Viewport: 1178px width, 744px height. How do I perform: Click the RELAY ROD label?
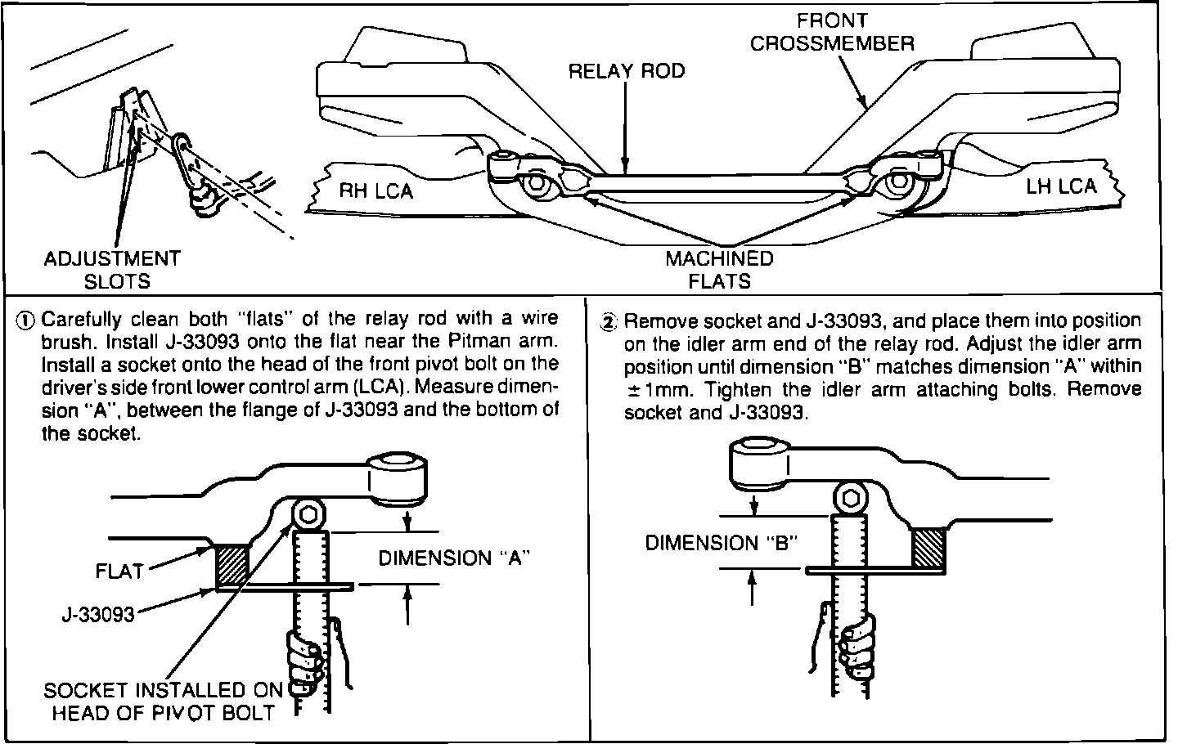627,71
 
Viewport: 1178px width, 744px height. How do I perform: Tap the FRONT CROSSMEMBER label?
831,33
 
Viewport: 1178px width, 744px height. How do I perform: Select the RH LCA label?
376,191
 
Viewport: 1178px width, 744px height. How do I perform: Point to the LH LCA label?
1061,186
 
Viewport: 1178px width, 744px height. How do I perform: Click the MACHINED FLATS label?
719,270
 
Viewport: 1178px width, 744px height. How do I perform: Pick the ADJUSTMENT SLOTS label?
112,270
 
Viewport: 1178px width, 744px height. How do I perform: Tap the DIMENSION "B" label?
721,543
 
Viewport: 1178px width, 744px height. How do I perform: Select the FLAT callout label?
119,571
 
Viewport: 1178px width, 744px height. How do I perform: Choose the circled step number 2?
608,321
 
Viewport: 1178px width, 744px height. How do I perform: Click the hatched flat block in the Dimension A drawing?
230,565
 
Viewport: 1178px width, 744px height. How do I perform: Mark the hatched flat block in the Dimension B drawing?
928,547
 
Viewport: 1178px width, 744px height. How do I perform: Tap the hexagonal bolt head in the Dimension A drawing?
309,515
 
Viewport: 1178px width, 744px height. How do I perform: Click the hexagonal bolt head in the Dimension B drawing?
850,498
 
